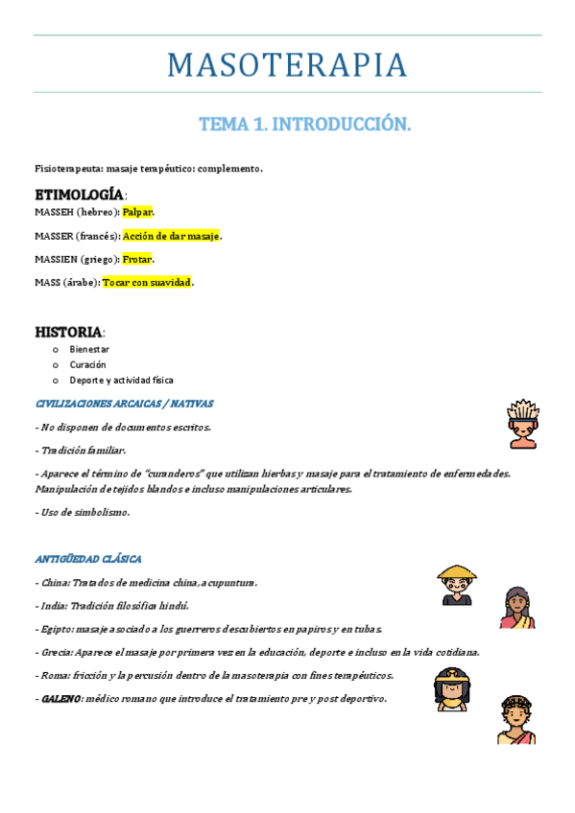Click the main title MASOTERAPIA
pos(287,65)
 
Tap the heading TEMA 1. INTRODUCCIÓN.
pos(304,124)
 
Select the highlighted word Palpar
pos(137,212)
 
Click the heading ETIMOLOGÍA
pos(79,195)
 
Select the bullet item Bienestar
pos(89,350)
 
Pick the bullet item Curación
pos(87,365)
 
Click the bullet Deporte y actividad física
pos(121,381)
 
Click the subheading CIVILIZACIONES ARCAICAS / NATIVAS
pos(124,404)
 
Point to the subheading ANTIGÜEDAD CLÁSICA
pos(88,559)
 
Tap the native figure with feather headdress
pos(522,424)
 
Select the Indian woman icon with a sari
pos(516,608)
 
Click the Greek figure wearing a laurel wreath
pos(516,719)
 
